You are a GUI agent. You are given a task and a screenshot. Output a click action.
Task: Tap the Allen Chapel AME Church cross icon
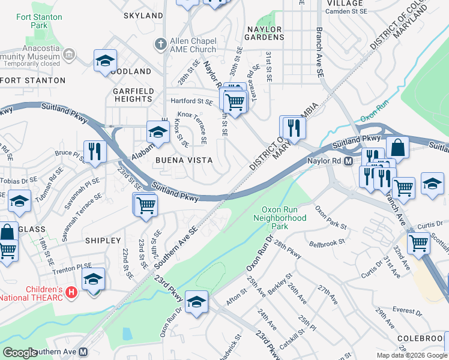pyautogui.click(x=160, y=44)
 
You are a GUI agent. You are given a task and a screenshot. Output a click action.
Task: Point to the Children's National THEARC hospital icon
pyautogui.click(x=71, y=293)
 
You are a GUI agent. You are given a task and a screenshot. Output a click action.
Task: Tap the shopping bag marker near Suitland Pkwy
pyautogui.click(x=397, y=147)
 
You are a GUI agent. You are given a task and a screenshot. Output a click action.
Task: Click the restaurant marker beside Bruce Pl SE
pyautogui.click(x=94, y=152)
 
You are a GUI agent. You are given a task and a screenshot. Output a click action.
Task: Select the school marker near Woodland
pyautogui.click(x=105, y=61)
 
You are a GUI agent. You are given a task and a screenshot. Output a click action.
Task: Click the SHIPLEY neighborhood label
pyautogui.click(x=103, y=240)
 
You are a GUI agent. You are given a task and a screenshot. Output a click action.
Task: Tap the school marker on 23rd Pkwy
pyautogui.click(x=196, y=302)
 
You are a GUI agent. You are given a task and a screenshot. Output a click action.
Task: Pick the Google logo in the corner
pyautogui.click(x=20, y=352)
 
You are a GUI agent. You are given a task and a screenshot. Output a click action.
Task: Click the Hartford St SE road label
pyautogui.click(x=192, y=102)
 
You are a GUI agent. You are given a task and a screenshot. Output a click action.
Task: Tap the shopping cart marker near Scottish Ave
pyautogui.click(x=418, y=243)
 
